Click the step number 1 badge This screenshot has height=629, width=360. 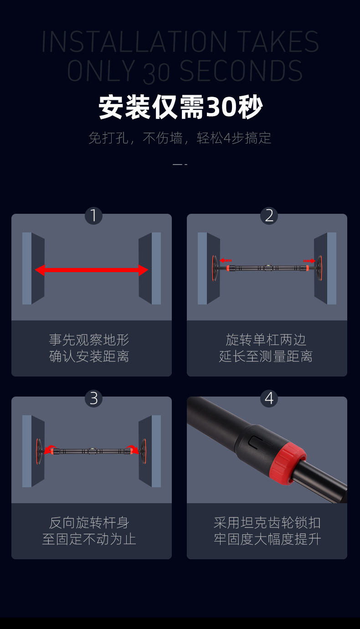(93, 216)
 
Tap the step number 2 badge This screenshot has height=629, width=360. (269, 216)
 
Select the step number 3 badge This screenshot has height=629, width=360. (93, 398)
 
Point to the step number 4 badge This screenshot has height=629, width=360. (269, 398)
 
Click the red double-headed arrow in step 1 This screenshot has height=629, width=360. (92, 270)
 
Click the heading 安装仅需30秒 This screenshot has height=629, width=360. (180, 107)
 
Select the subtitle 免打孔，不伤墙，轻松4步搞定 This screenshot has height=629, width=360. (180, 138)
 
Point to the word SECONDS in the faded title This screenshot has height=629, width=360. (241, 71)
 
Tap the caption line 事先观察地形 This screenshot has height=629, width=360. (89, 340)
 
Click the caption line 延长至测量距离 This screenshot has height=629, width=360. (266, 356)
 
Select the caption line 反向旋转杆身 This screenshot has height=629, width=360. (89, 523)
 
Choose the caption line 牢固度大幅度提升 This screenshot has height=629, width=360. (267, 539)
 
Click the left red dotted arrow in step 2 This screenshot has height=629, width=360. (226, 261)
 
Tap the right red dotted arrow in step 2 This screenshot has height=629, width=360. (309, 261)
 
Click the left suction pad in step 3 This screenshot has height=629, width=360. (39, 451)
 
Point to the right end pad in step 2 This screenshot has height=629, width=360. (319, 268)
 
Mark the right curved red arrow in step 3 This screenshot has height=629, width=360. (132, 449)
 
